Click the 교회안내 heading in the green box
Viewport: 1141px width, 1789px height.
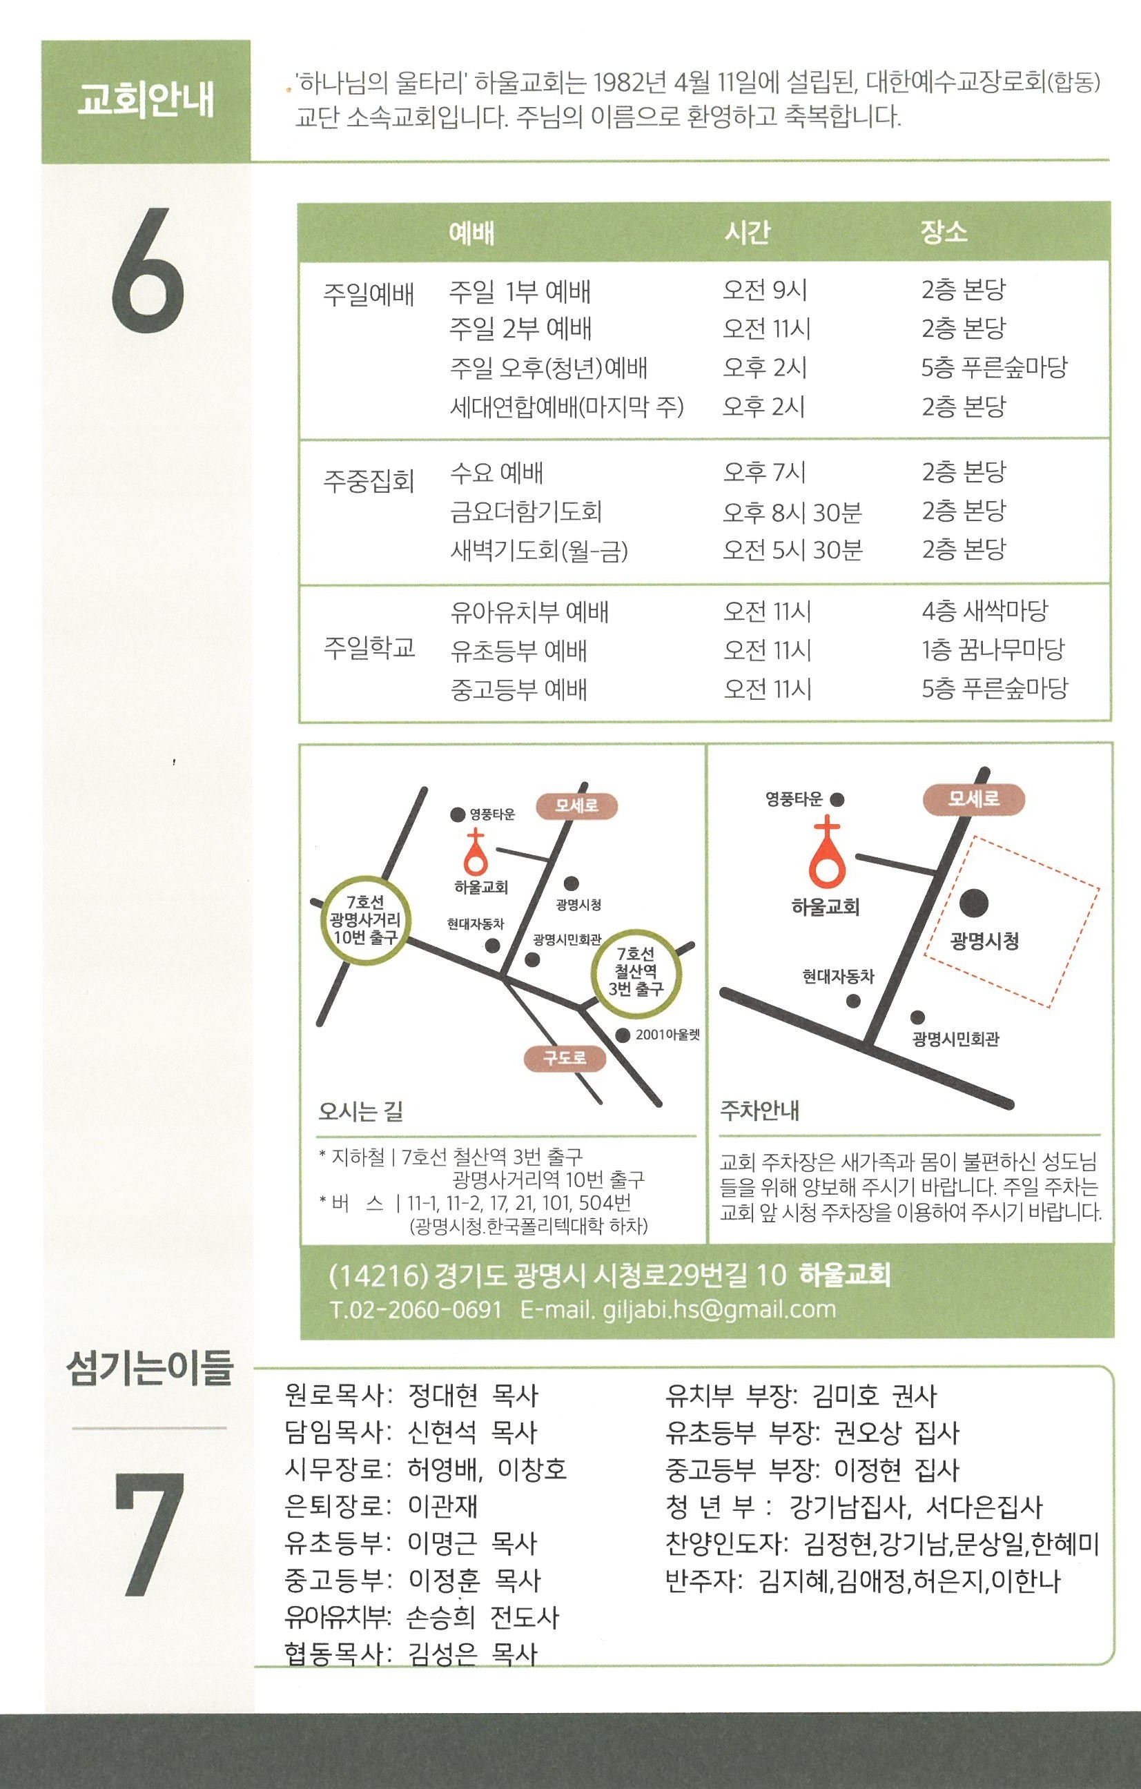tap(146, 101)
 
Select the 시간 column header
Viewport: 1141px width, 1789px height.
tap(748, 233)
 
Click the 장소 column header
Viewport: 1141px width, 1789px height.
tap(944, 232)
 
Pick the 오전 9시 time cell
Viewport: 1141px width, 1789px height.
tap(764, 290)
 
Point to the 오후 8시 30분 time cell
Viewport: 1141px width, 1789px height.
tap(792, 512)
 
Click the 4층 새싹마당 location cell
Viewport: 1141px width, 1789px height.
tap(984, 612)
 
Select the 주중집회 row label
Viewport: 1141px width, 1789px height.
tap(369, 480)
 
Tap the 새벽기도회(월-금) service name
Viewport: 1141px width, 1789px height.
tap(539, 551)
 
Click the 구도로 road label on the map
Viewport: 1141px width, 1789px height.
tap(565, 1057)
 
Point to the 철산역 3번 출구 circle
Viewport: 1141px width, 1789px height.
tap(636, 972)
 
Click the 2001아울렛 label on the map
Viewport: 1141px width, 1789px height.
tap(667, 1035)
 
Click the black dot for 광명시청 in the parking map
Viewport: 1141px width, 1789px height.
tap(974, 903)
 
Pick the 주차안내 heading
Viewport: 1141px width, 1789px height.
tap(760, 1111)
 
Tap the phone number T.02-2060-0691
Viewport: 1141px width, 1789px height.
tap(416, 1309)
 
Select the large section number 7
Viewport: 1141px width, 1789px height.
tap(148, 1534)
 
